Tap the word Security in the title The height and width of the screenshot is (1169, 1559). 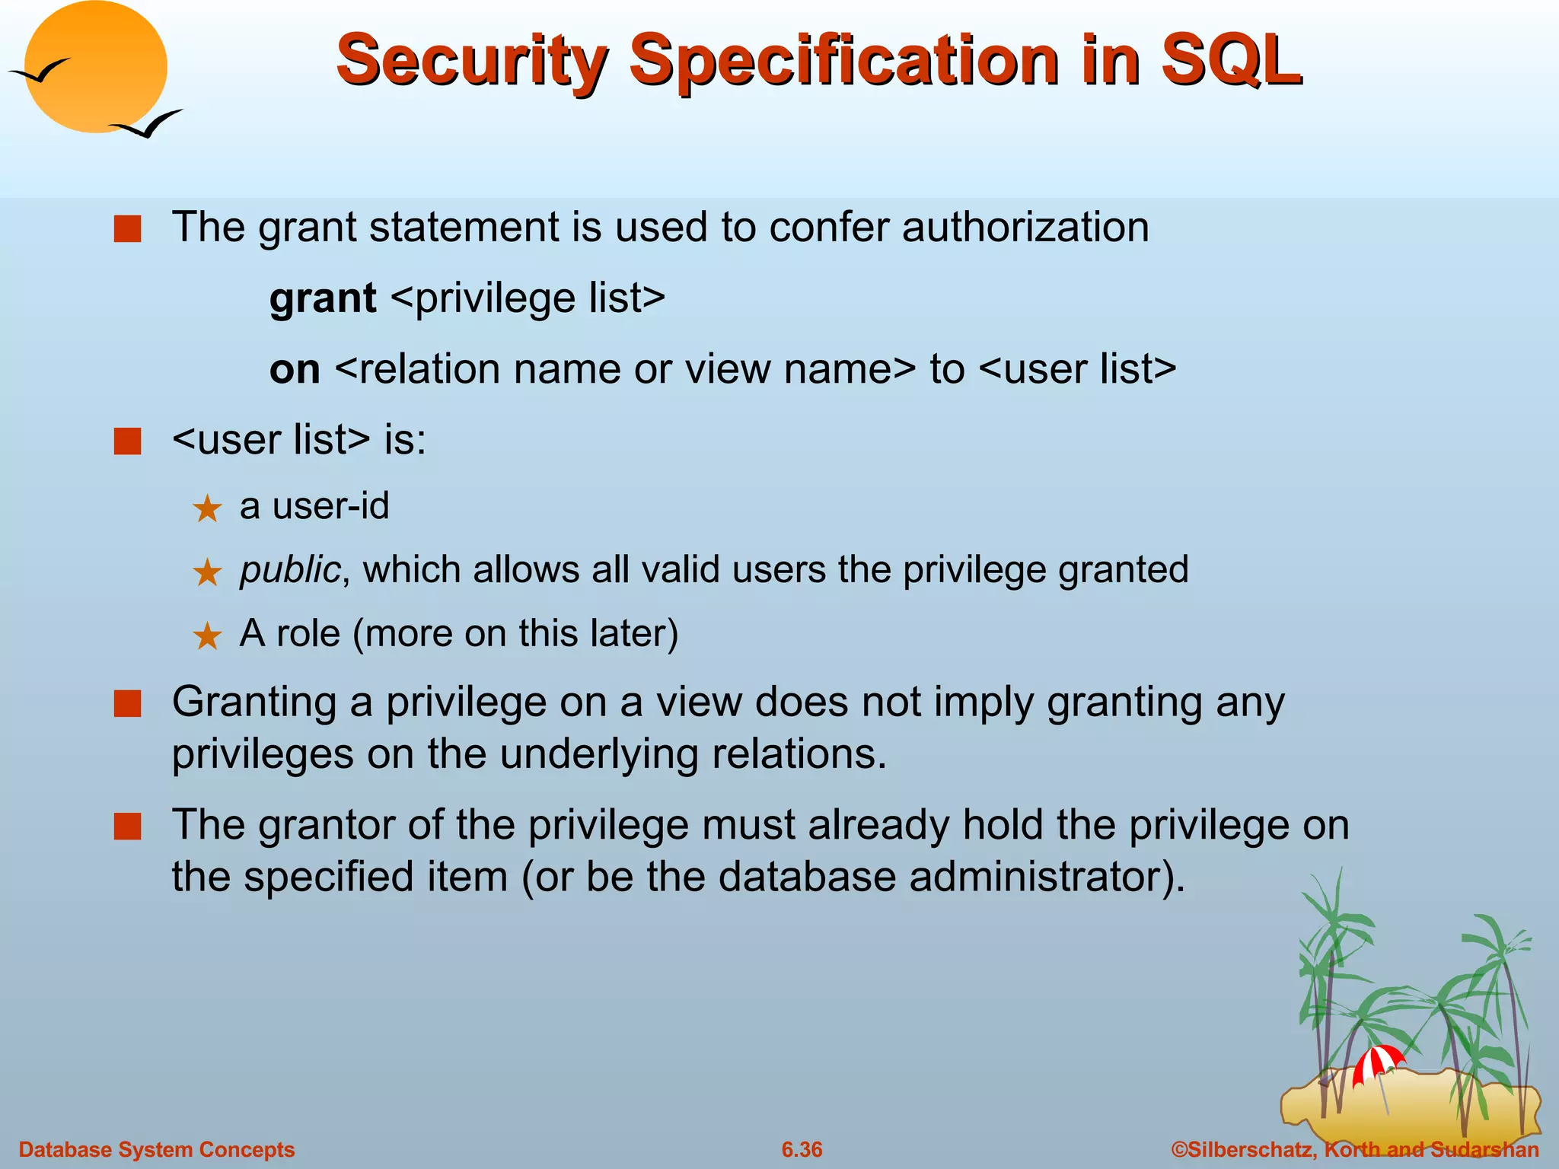pyautogui.click(x=471, y=61)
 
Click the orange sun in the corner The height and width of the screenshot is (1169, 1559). pyautogui.click(x=95, y=67)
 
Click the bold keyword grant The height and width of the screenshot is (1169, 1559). pyautogui.click(x=323, y=298)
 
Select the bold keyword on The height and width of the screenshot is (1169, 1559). pyautogui.click(x=295, y=369)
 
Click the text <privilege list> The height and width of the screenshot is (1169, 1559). pyautogui.click(x=528, y=298)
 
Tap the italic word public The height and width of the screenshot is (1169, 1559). pyautogui.click(x=289, y=570)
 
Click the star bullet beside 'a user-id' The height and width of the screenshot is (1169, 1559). pyautogui.click(x=207, y=508)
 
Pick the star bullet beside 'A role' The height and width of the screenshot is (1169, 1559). pyautogui.click(x=207, y=635)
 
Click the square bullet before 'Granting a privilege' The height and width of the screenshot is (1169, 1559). pyautogui.click(x=127, y=704)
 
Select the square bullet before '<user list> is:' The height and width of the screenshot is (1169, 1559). pyautogui.click(x=127, y=441)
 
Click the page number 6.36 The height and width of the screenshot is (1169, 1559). pyautogui.click(x=802, y=1149)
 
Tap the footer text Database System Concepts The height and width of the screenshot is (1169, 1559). pyautogui.click(x=156, y=1149)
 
